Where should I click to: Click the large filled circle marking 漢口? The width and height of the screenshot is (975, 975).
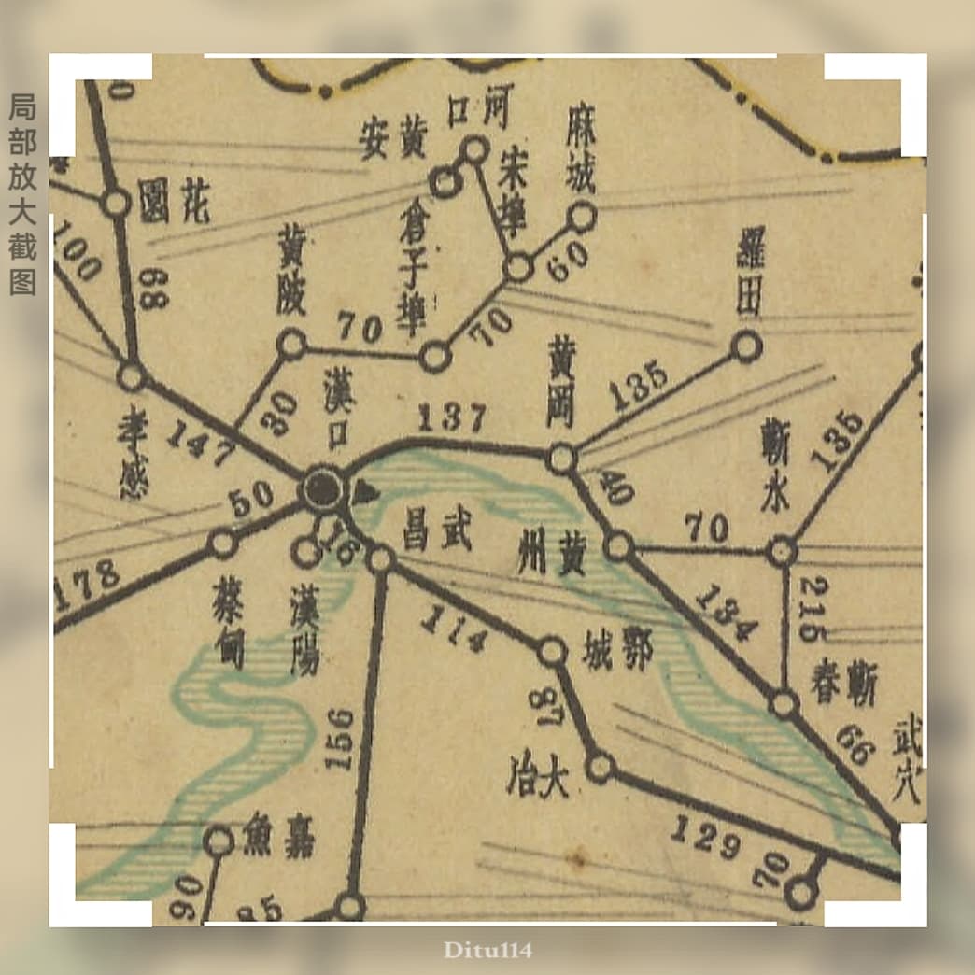(x=323, y=487)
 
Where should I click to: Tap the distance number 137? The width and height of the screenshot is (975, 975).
(x=452, y=417)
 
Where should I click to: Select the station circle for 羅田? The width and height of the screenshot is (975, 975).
(x=746, y=346)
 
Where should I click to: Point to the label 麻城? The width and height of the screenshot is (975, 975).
(x=581, y=162)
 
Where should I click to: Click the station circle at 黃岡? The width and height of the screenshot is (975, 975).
(x=561, y=459)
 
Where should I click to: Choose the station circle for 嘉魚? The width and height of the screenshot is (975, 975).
(x=219, y=841)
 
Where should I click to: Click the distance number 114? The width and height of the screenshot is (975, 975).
(x=454, y=630)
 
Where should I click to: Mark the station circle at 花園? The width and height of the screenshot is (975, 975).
(x=116, y=203)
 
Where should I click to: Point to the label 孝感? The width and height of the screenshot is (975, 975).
(x=133, y=455)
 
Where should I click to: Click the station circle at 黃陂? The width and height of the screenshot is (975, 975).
(x=292, y=345)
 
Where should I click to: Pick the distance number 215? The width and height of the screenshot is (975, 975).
(x=812, y=609)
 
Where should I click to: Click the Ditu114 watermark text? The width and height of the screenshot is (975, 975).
(x=487, y=951)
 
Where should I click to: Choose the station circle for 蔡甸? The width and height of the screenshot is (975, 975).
(x=222, y=543)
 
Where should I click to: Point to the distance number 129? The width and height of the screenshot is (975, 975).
(x=705, y=837)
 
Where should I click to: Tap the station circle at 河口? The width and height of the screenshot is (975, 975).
(x=474, y=149)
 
